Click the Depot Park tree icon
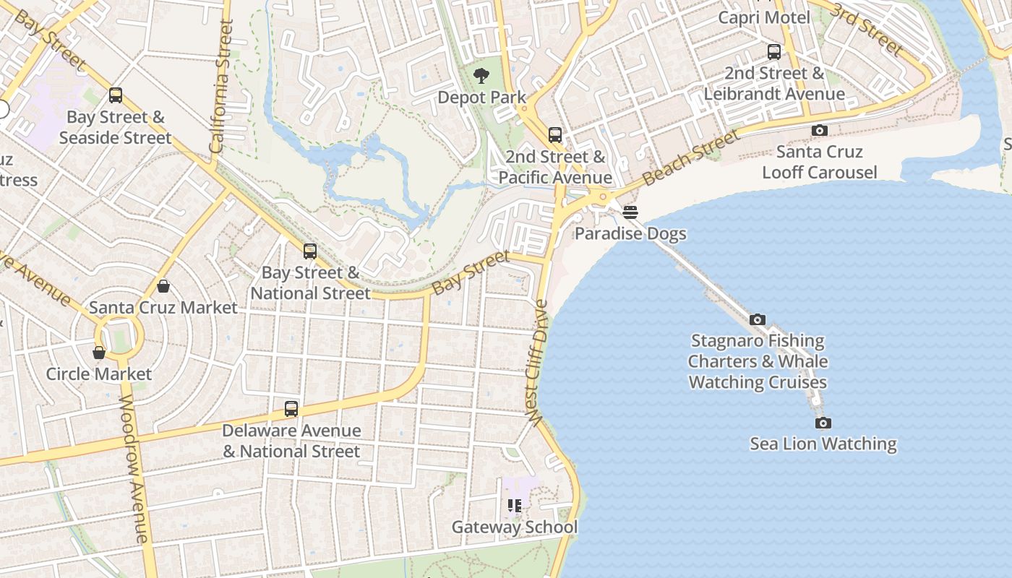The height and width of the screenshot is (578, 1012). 481,76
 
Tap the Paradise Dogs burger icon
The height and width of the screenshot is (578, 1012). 630,212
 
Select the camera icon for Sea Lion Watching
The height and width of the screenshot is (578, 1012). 823,423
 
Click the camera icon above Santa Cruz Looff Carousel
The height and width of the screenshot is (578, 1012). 819,131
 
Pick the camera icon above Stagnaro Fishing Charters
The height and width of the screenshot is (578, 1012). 757,319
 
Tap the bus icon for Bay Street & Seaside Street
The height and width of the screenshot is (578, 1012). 116,95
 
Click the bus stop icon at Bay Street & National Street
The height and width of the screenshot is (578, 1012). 310,251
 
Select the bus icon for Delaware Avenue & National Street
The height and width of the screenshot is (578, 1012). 291,409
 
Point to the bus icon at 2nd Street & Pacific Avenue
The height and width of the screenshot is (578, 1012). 554,135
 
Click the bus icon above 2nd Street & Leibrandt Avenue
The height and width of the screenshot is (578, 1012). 773,52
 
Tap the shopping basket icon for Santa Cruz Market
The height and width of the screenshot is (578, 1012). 163,286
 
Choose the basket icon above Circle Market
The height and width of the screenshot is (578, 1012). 99,353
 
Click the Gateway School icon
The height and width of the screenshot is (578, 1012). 515,506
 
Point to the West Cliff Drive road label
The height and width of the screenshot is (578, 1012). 538,363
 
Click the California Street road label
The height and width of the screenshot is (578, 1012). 221,87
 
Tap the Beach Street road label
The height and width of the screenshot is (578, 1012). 690,157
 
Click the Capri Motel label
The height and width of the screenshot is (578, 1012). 764,17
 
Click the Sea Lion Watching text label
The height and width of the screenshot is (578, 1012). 823,444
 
